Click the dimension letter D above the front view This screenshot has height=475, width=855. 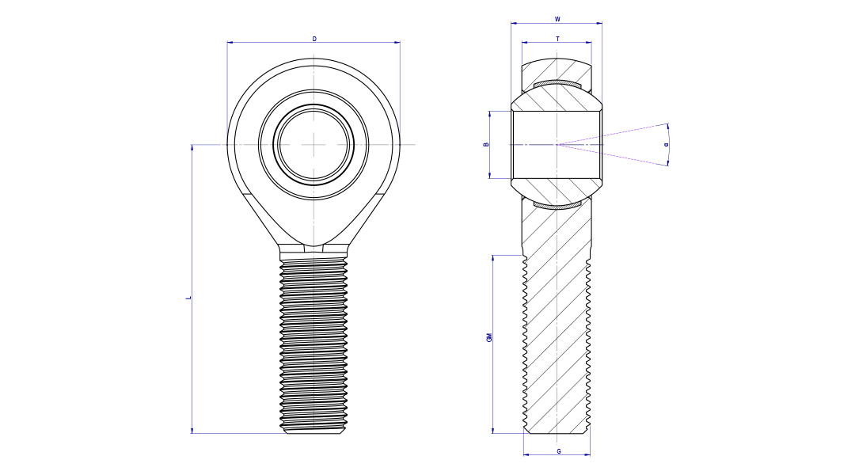tap(314, 38)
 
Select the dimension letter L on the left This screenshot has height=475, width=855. tap(188, 298)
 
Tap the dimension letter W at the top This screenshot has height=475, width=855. tap(557, 18)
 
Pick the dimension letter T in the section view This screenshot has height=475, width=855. tap(557, 38)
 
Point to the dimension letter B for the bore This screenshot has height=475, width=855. tap(486, 144)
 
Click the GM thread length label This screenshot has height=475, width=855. tap(489, 337)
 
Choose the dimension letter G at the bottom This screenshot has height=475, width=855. tap(559, 451)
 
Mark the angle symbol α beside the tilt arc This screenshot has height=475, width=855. tap(666, 145)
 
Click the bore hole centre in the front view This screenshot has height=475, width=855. tap(313, 144)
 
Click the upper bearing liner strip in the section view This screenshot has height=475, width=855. tap(557, 84)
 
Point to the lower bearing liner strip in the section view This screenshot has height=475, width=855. tap(557, 206)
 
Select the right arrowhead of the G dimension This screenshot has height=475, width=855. tap(587, 455)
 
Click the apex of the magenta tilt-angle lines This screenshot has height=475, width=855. tap(557, 144)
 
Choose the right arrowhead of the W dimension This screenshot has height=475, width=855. tap(599, 23)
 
